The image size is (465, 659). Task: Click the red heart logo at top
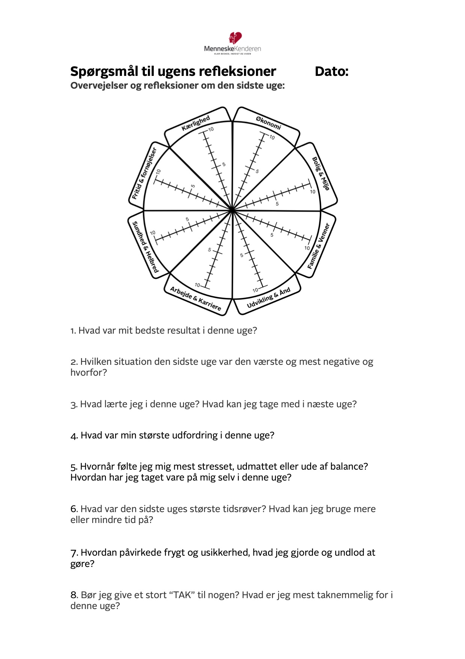coord(235,38)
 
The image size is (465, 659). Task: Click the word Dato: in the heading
coord(331,71)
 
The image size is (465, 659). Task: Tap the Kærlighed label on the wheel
coord(196,123)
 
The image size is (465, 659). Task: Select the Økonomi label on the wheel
coord(268,123)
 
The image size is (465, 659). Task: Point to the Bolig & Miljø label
coord(321,173)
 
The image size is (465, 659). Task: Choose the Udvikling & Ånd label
coord(268,298)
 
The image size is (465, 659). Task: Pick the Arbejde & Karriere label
coord(196,299)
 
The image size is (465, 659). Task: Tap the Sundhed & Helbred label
coord(145,247)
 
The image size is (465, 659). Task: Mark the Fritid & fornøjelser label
coord(144,173)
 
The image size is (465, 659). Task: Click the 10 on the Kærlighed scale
coord(211,129)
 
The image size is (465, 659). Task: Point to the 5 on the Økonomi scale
coord(257,171)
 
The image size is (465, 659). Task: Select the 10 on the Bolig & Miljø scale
coord(313,192)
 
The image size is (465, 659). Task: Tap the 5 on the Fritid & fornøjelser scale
coord(193,186)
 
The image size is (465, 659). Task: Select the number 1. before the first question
coord(73,331)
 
